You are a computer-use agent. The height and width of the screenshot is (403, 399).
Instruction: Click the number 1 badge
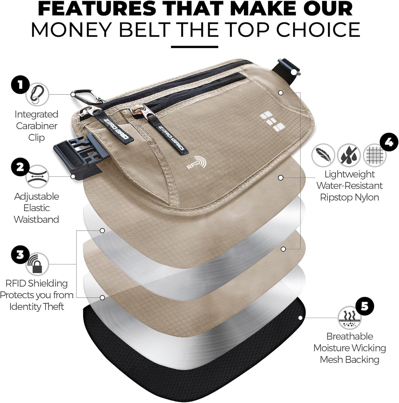pyautogui.click(x=20, y=85)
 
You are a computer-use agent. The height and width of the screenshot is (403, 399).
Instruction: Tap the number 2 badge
pyautogui.click(x=20, y=167)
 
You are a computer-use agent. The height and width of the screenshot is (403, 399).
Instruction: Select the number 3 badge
pyautogui.click(x=20, y=254)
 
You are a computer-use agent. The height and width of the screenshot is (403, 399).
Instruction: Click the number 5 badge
pyautogui.click(x=365, y=306)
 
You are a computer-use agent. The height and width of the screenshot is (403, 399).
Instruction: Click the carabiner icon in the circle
pyautogui.click(x=37, y=94)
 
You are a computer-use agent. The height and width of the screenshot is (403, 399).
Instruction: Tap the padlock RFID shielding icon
pyautogui.click(x=37, y=264)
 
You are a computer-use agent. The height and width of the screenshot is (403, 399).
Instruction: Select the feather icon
pyautogui.click(x=323, y=155)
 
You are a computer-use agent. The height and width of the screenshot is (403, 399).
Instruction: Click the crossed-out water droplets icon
pyautogui.click(x=349, y=155)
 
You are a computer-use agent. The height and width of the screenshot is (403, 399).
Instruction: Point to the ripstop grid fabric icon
pyautogui.click(x=374, y=155)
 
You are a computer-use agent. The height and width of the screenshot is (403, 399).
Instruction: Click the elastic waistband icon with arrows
pyautogui.click(x=37, y=177)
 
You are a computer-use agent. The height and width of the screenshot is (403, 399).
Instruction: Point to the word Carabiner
pyautogui.click(x=37, y=126)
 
